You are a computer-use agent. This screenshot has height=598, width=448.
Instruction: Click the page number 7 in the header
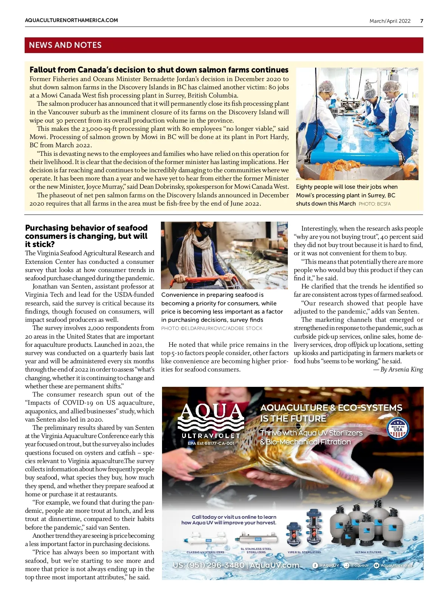point(421,21)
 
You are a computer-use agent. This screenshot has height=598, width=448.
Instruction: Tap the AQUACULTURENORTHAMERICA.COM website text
point(71,20)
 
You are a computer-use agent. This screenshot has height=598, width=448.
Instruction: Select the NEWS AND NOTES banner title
point(65,45)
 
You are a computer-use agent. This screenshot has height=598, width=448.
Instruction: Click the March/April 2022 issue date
point(390,21)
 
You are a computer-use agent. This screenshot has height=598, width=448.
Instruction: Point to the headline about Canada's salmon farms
point(159,70)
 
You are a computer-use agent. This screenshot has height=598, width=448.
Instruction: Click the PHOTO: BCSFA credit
point(374,204)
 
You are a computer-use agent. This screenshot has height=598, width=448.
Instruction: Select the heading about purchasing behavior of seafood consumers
point(86,236)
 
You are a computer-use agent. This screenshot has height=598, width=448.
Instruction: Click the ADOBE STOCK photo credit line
point(212,329)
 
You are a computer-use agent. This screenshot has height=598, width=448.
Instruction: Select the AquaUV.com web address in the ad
point(274,565)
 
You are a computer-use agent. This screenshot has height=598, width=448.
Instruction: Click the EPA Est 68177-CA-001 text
point(211,443)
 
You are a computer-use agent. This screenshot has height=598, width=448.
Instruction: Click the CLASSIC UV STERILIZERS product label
point(205,552)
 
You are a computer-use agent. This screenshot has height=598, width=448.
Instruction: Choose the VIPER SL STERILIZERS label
point(304,552)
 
